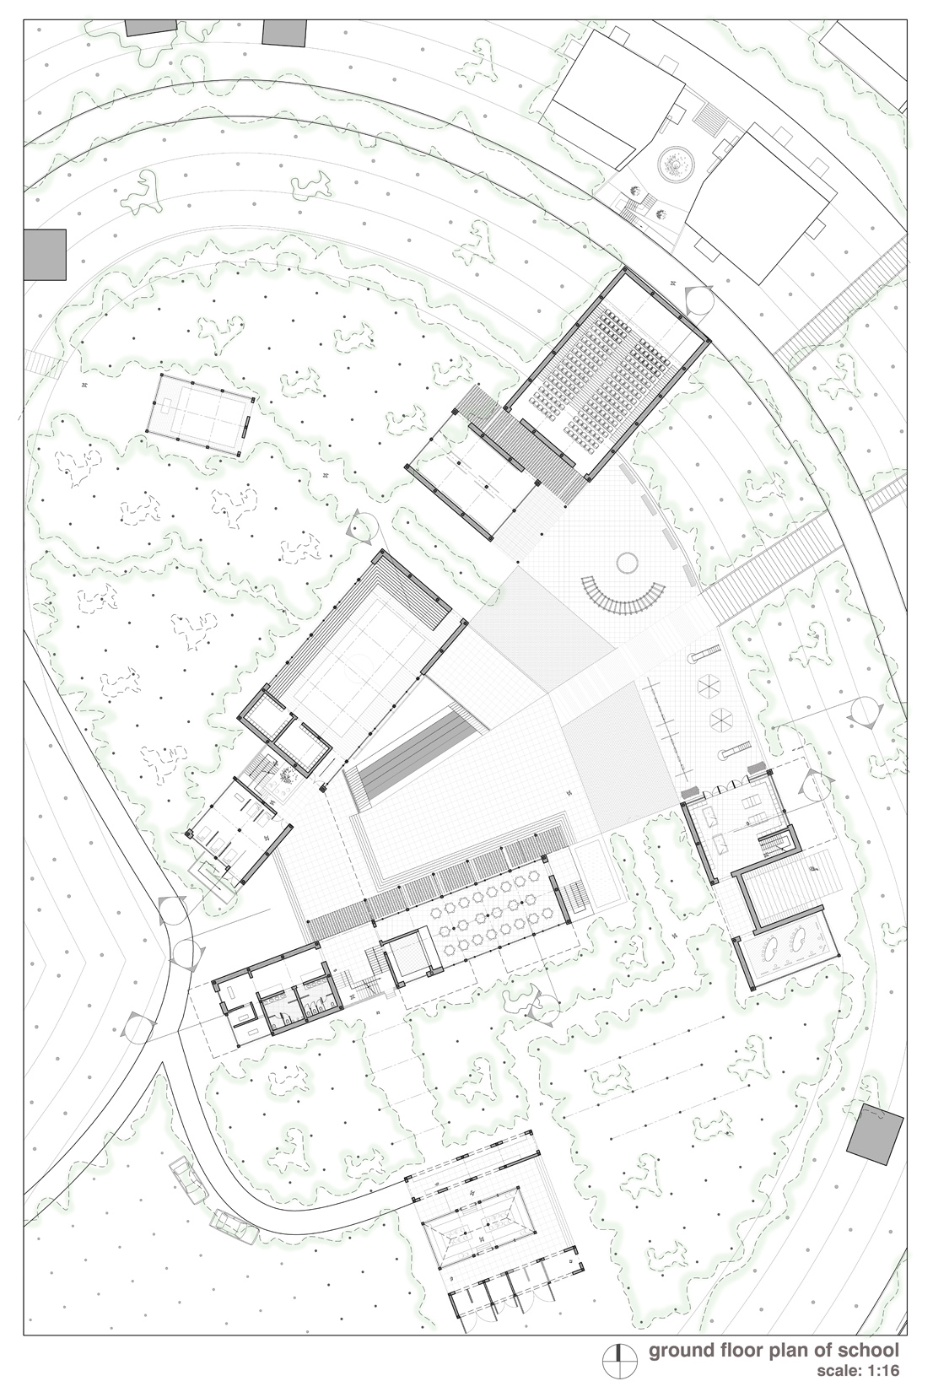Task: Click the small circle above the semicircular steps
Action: tap(627, 563)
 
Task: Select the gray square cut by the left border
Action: tap(45, 254)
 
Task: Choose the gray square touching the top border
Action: tap(284, 32)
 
